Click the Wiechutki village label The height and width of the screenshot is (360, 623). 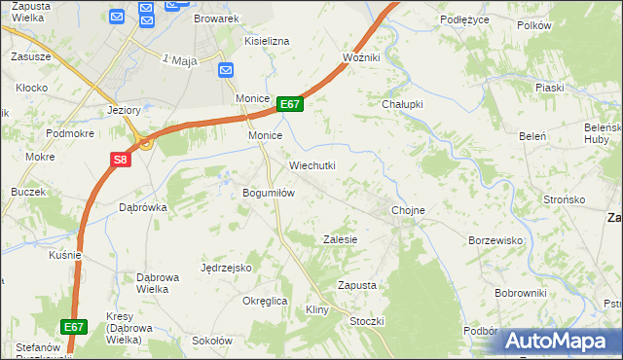[311, 165]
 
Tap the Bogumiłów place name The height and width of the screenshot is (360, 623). [269, 193]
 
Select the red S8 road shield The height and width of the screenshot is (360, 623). [119, 159]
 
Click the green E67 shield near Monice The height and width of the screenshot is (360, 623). [290, 104]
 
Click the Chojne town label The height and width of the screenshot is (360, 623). [408, 210]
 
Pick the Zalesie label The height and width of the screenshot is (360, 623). [341, 239]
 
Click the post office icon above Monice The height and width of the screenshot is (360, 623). [226, 69]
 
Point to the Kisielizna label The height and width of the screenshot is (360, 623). [268, 42]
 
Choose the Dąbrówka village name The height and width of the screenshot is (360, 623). [143, 207]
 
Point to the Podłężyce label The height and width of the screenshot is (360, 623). [462, 18]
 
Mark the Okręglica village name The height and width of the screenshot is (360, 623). [265, 301]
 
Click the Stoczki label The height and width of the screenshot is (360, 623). [367, 321]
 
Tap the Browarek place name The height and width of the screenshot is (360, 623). [216, 18]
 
